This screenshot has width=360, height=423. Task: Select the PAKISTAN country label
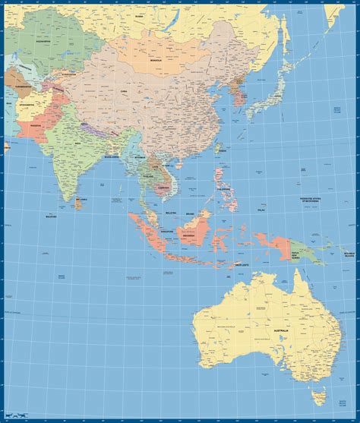coord(34,122)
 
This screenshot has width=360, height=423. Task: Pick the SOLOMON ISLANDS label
coord(349,253)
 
